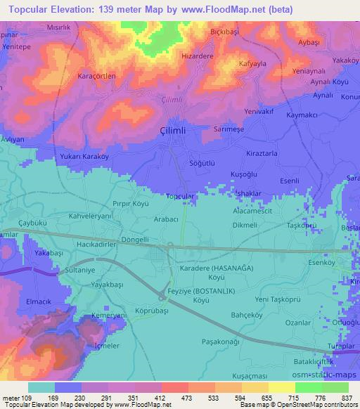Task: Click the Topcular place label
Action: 179,197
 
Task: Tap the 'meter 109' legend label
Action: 17,397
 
